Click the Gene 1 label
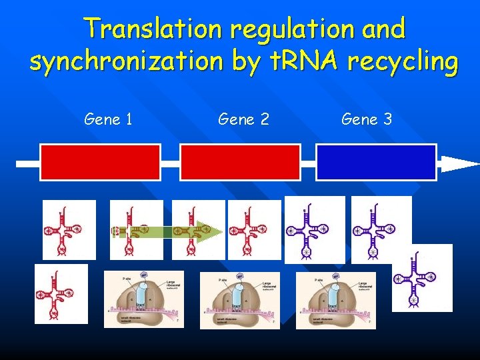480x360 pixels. coord(108,120)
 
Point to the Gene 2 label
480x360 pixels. coord(243,120)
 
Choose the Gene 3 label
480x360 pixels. coord(367,120)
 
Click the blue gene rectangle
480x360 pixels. coord(376,163)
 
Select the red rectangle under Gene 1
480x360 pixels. coord(100,163)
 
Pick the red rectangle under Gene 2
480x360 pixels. coord(240,163)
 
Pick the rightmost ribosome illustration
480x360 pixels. coord(336,300)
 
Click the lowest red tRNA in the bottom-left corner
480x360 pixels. coord(61,294)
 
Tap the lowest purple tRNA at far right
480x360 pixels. coord(422,278)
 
